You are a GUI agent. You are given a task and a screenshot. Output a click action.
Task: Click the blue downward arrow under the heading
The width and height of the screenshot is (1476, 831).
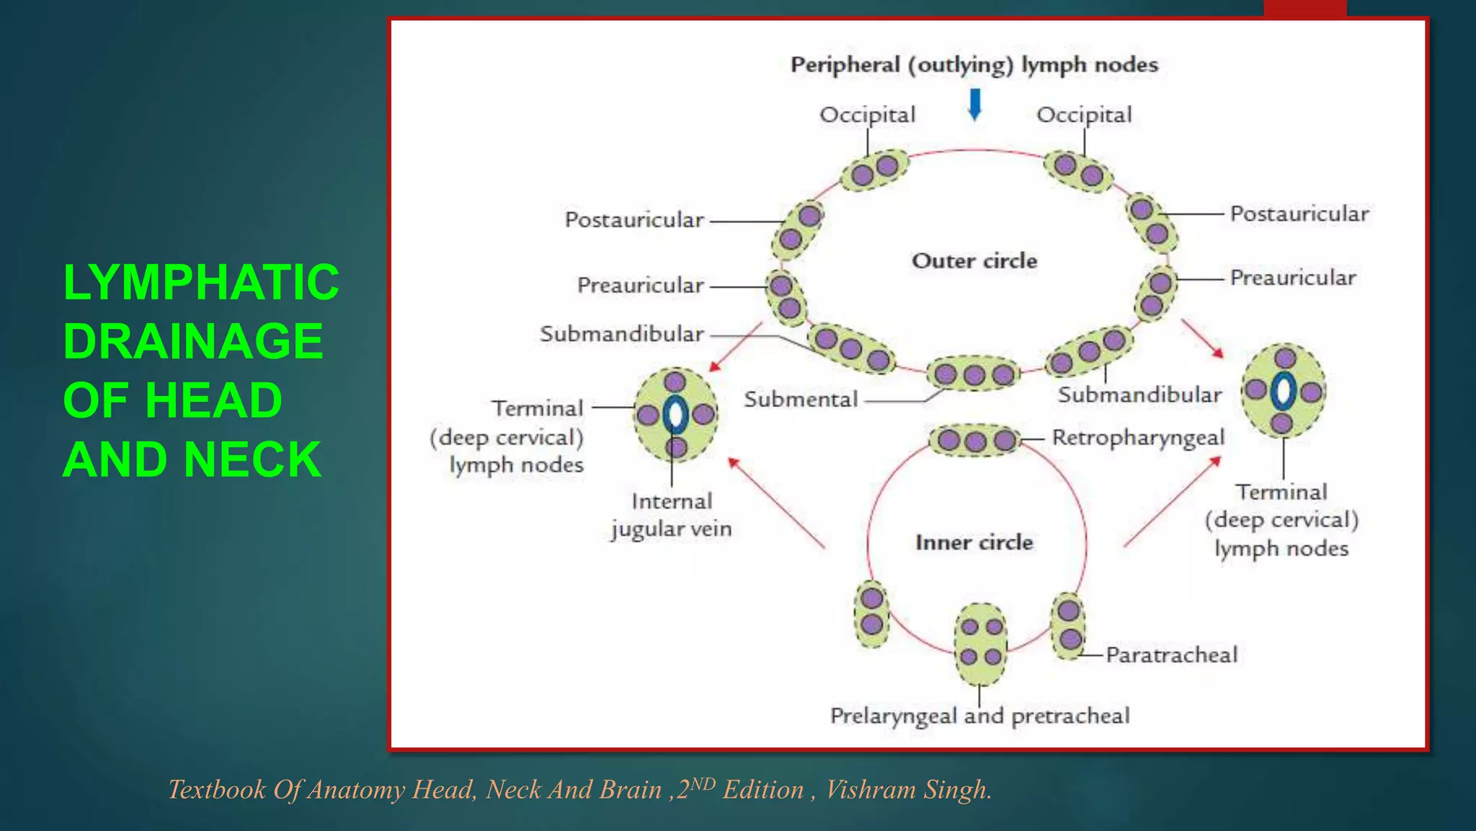click(974, 104)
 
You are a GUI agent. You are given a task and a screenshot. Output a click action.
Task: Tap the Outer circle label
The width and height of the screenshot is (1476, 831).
click(974, 260)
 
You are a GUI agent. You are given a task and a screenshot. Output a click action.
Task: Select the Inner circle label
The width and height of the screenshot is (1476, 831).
click(974, 542)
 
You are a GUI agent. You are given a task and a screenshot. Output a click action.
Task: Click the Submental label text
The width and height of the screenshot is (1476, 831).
click(801, 399)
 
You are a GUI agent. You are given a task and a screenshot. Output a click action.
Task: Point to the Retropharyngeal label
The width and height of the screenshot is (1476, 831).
click(1138, 437)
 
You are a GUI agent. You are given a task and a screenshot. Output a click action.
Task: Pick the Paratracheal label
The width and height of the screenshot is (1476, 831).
click(1171, 655)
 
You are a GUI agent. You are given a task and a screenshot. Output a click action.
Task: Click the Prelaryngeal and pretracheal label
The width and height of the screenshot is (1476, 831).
click(979, 716)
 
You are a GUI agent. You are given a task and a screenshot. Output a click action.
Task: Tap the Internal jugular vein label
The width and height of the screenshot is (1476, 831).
click(672, 515)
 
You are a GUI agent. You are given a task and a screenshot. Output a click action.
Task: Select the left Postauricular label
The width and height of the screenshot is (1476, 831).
click(634, 220)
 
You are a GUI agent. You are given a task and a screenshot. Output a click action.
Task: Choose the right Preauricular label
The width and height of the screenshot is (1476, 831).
click(1293, 278)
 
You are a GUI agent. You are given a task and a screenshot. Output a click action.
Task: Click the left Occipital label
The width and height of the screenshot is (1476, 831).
click(867, 115)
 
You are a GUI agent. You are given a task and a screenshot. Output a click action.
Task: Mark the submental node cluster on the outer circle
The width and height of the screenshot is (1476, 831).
click(974, 374)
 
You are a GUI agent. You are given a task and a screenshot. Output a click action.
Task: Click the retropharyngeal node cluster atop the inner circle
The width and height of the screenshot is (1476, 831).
click(975, 440)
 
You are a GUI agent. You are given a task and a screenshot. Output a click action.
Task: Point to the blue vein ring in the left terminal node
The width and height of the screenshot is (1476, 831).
click(675, 414)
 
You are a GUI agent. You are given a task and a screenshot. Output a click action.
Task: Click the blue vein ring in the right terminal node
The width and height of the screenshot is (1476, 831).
click(1283, 391)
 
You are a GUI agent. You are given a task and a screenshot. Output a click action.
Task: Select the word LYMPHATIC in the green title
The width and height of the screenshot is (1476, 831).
click(201, 282)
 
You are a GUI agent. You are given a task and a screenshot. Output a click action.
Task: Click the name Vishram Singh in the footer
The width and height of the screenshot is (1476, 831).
click(908, 789)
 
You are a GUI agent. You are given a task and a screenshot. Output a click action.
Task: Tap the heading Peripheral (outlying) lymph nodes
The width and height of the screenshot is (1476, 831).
click(974, 65)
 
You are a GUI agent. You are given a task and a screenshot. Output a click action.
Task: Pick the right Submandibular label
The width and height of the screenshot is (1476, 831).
click(1139, 395)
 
